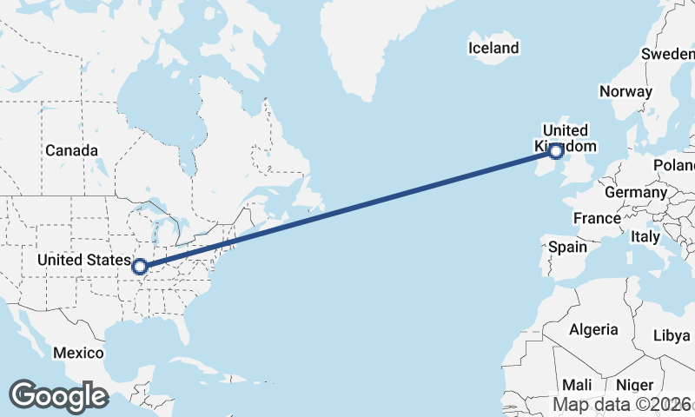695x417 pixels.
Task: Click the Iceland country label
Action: tap(493, 49)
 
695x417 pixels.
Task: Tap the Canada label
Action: tap(71, 150)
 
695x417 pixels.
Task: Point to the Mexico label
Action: tap(78, 353)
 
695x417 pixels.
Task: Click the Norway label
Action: tap(625, 91)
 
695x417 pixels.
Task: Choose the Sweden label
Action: tap(668, 54)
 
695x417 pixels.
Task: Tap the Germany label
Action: tap(635, 192)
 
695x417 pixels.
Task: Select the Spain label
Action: tap(567, 247)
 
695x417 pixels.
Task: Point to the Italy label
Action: tap(645, 236)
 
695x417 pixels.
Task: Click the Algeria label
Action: tap(593, 329)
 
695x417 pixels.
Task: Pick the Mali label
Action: tap(577, 384)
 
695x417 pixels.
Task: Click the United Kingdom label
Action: tap(566, 138)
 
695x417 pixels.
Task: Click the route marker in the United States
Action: tap(140, 267)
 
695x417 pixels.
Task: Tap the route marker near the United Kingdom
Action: tap(556, 152)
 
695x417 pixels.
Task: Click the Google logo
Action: tap(58, 395)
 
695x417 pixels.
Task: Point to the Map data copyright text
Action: tap(623, 404)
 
